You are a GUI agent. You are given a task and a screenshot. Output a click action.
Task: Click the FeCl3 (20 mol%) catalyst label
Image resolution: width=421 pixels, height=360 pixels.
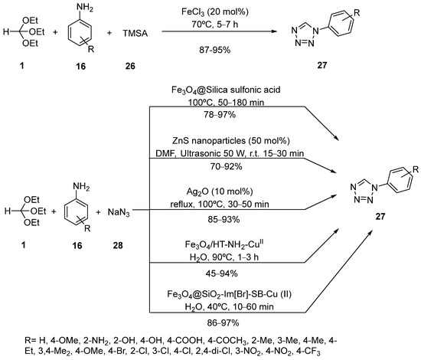253,10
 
